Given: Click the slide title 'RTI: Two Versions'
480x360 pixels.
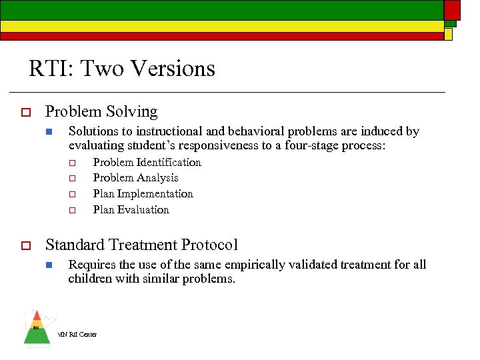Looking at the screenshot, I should pyautogui.click(x=122, y=69).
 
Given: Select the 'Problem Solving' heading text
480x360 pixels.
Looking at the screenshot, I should pyautogui.click(x=101, y=112).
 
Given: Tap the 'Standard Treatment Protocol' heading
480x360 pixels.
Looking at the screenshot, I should pyautogui.click(x=141, y=245).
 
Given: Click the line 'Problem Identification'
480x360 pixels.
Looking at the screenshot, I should pyautogui.click(x=147, y=162).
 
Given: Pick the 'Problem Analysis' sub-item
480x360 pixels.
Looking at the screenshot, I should pyautogui.click(x=135, y=178).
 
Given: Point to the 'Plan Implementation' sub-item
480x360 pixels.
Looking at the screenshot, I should pyautogui.click(x=143, y=194).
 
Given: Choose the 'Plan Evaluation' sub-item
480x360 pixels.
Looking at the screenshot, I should pyautogui.click(x=131, y=210).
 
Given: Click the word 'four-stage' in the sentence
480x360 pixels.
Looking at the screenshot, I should pyautogui.click(x=309, y=146).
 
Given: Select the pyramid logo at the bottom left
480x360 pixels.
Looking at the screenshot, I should pyautogui.click(x=37, y=328).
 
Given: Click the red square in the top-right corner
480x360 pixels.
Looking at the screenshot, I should pyautogui.click(x=452, y=9).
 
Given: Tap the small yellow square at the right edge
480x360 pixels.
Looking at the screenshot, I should pyautogui.click(x=449, y=33).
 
